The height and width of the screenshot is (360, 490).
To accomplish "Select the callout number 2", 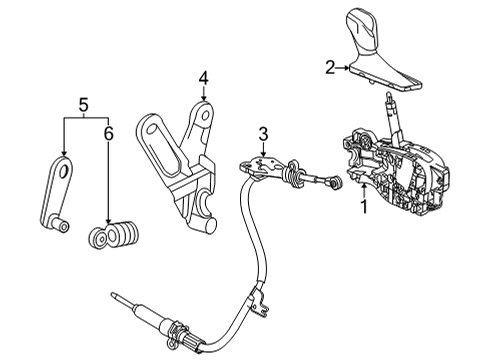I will tap(329, 67).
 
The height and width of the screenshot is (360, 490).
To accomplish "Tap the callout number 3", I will tap(263, 134).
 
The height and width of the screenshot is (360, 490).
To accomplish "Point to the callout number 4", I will tap(203, 77).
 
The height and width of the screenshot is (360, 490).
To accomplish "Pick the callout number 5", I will tap(83, 103).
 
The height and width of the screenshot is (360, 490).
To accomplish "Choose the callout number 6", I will tap(109, 131).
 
